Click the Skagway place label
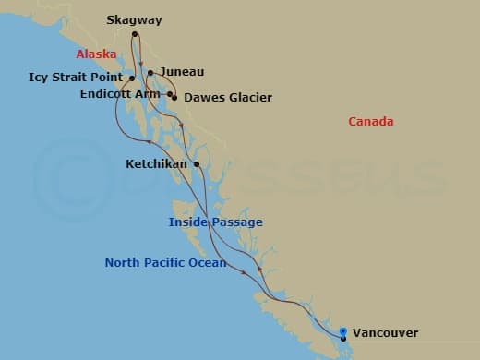(133, 18)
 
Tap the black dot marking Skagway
(135, 35)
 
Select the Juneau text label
(182, 71)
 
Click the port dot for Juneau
(150, 72)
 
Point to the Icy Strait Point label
(78, 78)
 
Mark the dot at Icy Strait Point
(132, 78)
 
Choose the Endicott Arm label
(120, 93)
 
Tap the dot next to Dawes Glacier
(174, 96)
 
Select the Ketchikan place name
(158, 164)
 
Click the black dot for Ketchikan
(197, 164)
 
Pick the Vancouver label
(385, 332)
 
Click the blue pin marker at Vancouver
(343, 333)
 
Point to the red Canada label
(371, 122)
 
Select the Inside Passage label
(215, 222)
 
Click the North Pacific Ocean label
(165, 263)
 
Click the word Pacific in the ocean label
(166, 263)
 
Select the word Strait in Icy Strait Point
(77, 78)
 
